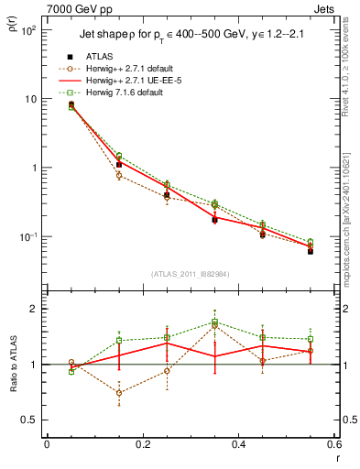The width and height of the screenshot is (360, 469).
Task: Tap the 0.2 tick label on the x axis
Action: point(142,444)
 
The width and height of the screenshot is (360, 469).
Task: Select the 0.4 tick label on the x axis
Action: point(237,444)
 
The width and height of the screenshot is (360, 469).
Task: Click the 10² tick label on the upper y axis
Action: point(27,30)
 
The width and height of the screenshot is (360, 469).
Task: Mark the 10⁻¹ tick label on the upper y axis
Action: point(27,236)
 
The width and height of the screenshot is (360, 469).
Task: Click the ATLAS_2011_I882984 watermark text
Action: point(191,274)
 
